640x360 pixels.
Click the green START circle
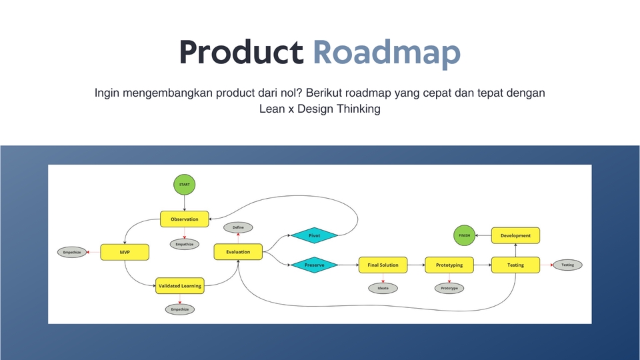(185, 184)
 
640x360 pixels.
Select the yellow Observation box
(185, 219)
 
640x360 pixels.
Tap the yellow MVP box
(124, 252)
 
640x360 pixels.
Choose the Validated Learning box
(179, 285)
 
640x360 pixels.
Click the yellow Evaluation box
(238, 251)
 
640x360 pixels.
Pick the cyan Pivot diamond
(314, 235)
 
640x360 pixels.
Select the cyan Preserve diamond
(314, 265)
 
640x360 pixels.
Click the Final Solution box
(383, 265)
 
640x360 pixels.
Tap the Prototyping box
(449, 265)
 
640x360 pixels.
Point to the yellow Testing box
(515, 265)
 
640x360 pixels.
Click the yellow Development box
(515, 235)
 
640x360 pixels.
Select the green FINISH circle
(464, 235)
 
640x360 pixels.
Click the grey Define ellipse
(238, 227)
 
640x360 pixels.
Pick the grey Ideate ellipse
(383, 288)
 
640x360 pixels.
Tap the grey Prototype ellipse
(449, 288)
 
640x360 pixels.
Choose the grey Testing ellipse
(567, 265)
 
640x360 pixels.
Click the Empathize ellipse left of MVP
(72, 252)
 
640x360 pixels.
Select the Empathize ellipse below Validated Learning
(179, 309)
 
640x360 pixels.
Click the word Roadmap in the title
(387, 53)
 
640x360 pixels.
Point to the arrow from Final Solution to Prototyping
(415, 265)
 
